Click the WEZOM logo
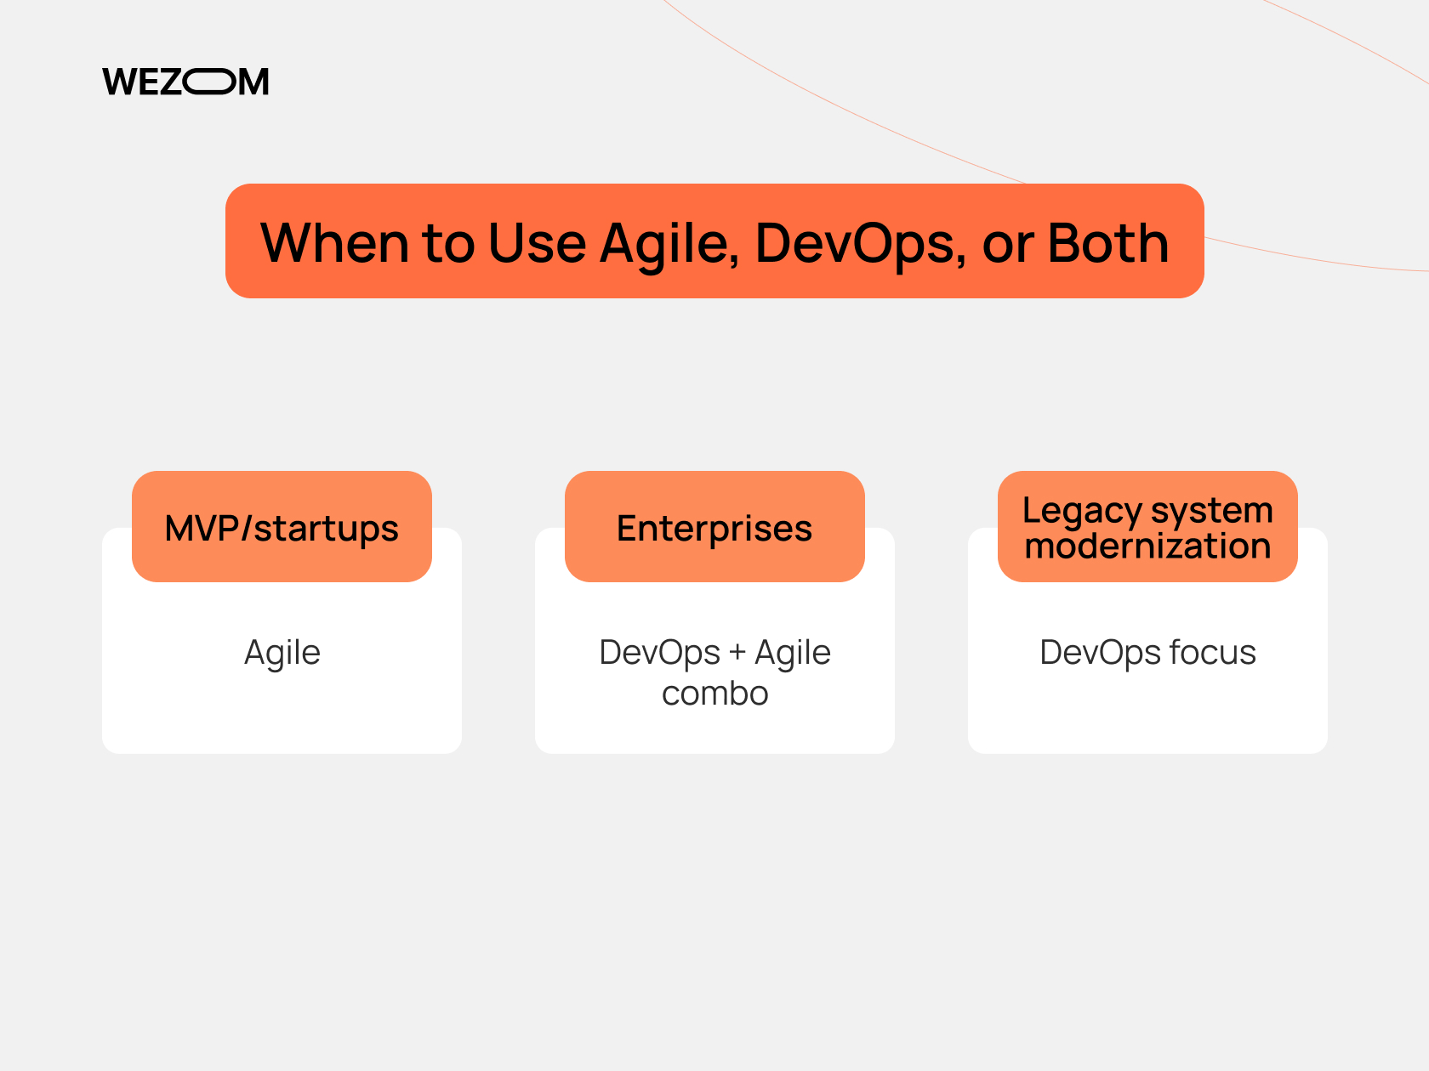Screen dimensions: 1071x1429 [185, 82]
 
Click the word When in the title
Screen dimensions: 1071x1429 [334, 243]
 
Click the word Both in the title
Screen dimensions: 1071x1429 [1107, 243]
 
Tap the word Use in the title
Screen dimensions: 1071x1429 [537, 243]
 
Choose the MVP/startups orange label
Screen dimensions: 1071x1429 [282, 528]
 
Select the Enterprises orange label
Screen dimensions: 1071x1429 [714, 528]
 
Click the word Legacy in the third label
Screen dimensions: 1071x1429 [1081, 511]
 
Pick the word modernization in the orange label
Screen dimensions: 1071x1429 [1147, 546]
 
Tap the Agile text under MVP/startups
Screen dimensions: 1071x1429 [282, 653]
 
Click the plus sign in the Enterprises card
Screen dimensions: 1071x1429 [737, 653]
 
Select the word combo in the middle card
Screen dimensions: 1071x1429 [714, 694]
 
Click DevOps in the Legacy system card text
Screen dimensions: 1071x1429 [1101, 653]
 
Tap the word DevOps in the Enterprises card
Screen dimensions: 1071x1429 [660, 653]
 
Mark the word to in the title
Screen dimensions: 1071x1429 [447, 243]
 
